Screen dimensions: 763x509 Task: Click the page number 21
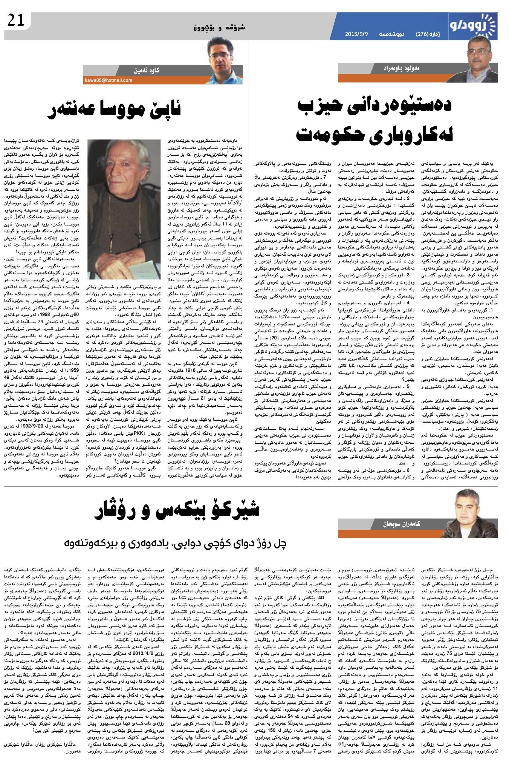pyautogui.click(x=16, y=20)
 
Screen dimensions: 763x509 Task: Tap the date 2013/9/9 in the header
pyautogui.click(x=356, y=34)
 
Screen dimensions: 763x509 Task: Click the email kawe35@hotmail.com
pyautogui.click(x=108, y=80)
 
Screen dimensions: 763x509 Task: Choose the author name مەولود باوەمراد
pyautogui.click(x=409, y=69)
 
